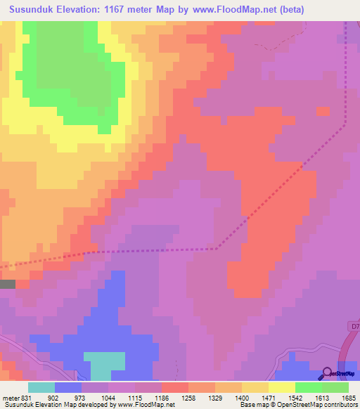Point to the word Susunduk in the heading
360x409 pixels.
[35, 11]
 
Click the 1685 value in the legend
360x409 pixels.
[348, 398]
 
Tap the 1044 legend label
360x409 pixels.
[108, 398]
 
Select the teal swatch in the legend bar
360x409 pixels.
[41, 387]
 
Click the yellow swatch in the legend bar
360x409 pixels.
[281, 387]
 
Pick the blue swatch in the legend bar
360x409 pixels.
[67, 387]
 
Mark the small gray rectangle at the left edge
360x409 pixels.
[7, 284]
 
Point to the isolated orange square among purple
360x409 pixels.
[323, 111]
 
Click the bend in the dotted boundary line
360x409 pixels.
[217, 247]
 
